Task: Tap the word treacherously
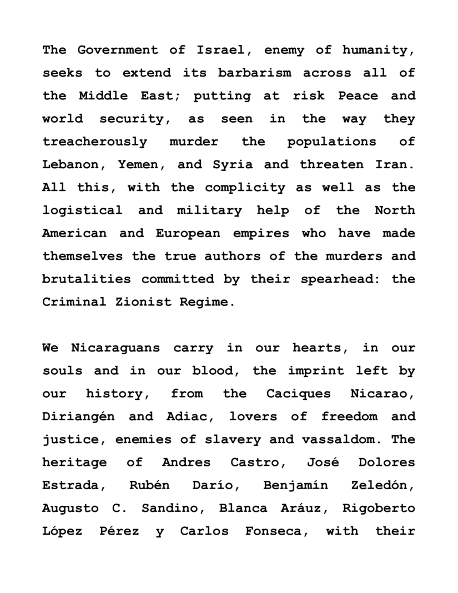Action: pyautogui.click(x=94, y=142)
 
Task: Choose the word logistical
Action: pyautogui.click(x=82, y=210)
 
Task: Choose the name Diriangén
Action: pyautogui.click(x=78, y=416)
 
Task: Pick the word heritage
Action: pyautogui.click(x=74, y=463)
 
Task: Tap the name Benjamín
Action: pyautogui.click(x=295, y=485)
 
